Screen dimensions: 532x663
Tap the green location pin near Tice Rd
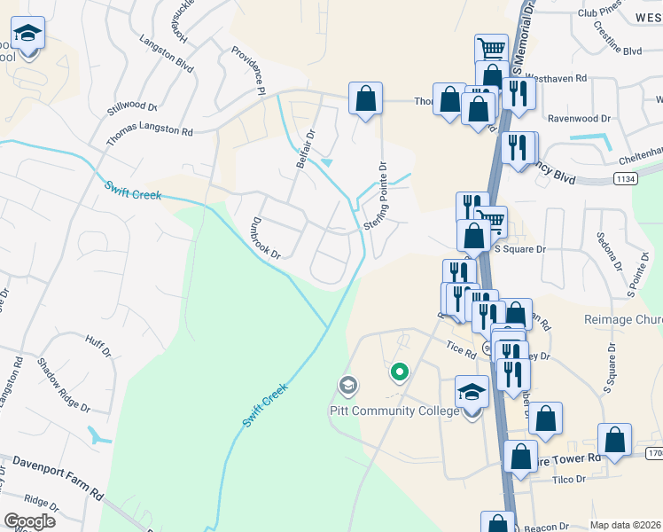pos(400,372)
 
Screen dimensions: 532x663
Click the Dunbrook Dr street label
pos(266,239)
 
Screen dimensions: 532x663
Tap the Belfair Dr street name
pos(306,150)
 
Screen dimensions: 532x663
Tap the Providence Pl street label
pos(249,71)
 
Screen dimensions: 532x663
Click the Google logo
pos(29,521)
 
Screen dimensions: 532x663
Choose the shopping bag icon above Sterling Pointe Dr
pos(365,99)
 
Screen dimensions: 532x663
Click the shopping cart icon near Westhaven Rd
pos(491,49)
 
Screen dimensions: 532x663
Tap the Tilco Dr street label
pos(568,480)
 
